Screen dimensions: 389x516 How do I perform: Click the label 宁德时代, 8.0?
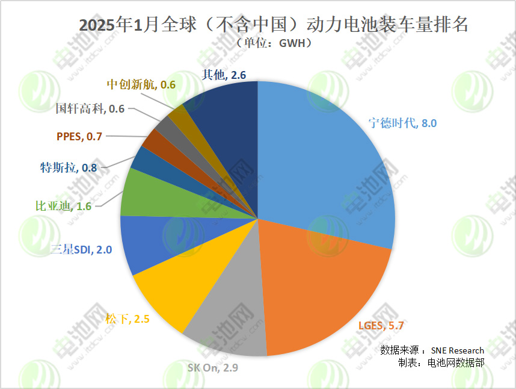click(402, 123)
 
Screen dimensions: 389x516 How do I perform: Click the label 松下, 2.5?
click(127, 319)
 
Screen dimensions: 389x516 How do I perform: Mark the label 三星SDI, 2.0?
click(81, 249)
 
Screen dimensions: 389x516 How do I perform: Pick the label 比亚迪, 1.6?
click(63, 206)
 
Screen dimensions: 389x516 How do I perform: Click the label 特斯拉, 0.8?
click(68, 167)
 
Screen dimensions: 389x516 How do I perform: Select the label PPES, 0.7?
click(79, 137)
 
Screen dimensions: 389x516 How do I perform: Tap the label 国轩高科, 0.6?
click(90, 109)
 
